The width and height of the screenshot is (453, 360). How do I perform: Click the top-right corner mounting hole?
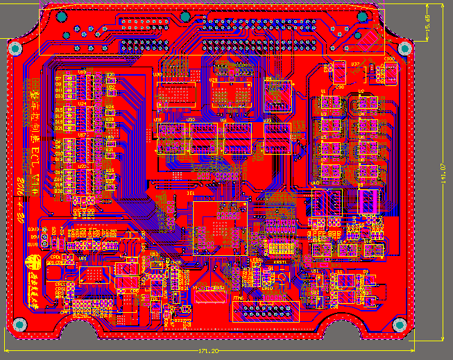[404, 48]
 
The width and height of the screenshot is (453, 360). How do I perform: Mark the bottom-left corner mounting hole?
[19, 324]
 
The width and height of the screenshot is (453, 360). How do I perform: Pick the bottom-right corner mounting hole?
[399, 325]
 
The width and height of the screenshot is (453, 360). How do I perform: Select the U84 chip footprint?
[277, 97]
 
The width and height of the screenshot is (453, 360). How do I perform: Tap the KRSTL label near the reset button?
[280, 262]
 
